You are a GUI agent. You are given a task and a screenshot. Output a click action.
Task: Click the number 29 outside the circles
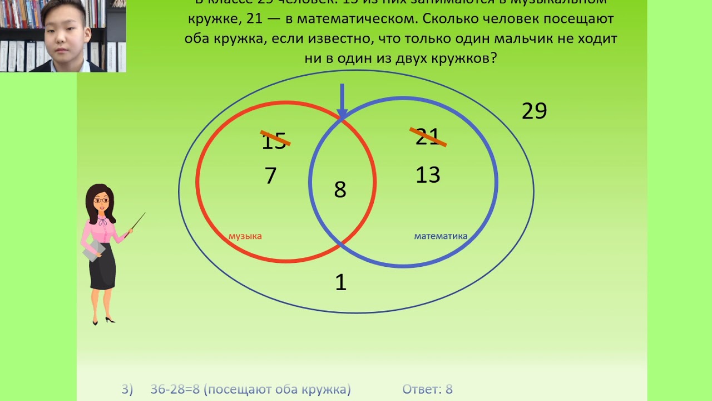(534, 111)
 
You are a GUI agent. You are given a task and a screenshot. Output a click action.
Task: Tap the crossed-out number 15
(274, 140)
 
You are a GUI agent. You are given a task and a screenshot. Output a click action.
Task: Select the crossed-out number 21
(428, 137)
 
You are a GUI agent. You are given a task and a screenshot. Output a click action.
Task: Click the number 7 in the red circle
(270, 176)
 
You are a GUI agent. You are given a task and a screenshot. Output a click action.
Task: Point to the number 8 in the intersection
(340, 190)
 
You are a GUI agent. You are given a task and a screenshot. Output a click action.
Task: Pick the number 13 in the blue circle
(428, 175)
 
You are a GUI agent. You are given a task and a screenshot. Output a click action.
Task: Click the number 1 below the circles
(340, 283)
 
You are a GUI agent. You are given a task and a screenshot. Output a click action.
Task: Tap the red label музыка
(245, 236)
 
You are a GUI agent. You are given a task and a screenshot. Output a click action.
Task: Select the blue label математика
(441, 236)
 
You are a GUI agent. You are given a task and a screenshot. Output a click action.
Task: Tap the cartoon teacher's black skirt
(103, 267)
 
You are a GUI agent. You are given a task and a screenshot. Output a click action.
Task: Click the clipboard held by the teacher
(92, 251)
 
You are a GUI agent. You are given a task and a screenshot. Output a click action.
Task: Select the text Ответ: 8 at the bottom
(427, 389)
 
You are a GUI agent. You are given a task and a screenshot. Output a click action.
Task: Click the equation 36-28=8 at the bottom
(175, 389)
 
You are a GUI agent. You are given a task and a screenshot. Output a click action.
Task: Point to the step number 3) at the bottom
(127, 389)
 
